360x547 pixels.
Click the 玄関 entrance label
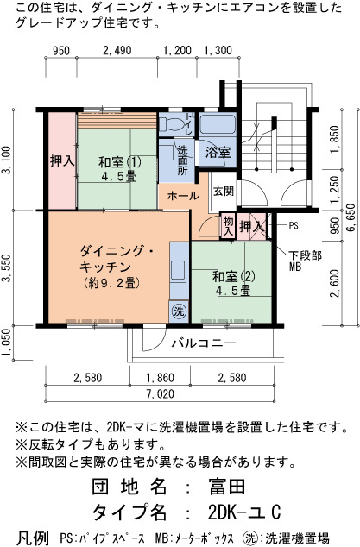coord(224,192)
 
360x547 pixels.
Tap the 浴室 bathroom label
coord(218,153)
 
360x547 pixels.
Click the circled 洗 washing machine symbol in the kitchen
coord(179,311)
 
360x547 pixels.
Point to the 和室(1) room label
coord(119,162)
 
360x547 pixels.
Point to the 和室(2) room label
coord(234,276)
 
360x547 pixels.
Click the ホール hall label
coord(183,196)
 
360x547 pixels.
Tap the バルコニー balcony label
coord(204,343)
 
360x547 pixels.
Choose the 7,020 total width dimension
coord(161,394)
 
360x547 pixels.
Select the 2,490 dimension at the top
coord(117,51)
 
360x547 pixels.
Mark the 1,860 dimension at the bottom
coord(160,378)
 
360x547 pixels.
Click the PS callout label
coord(294,226)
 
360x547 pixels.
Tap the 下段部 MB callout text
coord(305,261)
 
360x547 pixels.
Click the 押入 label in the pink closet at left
coord(62,160)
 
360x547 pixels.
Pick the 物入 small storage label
coord(228,226)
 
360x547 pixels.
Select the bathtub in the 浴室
coord(218,123)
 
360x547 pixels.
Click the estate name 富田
coord(227,487)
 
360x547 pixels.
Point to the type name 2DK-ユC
coord(244,512)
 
